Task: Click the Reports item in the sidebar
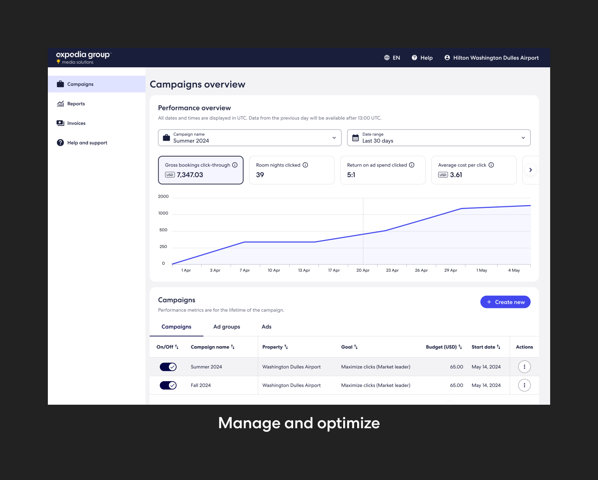point(76,104)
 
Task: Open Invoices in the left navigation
point(76,123)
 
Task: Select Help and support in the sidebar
point(87,143)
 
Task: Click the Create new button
point(505,302)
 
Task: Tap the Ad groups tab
point(226,327)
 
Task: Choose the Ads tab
point(266,327)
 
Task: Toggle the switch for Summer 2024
point(168,367)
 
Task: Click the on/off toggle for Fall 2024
point(168,385)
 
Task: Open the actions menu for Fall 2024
point(524,385)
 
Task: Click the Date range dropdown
point(439,138)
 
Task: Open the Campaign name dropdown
point(250,138)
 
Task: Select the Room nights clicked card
point(291,170)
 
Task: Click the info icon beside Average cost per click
point(491,165)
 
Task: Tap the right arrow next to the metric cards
point(530,170)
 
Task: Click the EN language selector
point(392,58)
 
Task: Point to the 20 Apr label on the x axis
point(363,270)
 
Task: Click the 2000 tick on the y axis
point(163,196)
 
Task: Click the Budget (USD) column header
point(443,347)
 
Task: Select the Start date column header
point(486,347)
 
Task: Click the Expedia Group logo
point(83,57)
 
